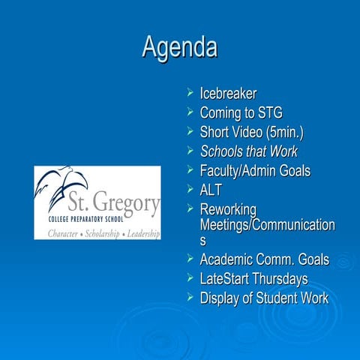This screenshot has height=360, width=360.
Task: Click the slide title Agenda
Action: point(180,47)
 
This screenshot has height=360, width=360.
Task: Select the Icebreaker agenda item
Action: point(228,94)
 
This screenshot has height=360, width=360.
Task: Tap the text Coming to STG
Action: point(241,113)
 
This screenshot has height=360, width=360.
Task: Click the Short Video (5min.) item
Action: point(251,133)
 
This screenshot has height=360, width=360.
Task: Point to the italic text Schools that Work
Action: point(248,152)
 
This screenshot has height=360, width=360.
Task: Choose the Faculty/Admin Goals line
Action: point(254,171)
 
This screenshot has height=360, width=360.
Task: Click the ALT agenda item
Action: point(211,190)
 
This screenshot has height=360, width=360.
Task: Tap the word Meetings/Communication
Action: point(267,225)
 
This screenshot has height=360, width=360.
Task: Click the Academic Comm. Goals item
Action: point(264,260)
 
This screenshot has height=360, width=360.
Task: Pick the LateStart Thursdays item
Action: point(253,280)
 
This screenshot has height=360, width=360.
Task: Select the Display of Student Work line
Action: point(263,298)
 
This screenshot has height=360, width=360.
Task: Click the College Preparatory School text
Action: point(74,220)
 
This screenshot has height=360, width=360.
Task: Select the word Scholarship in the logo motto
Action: point(97,234)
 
